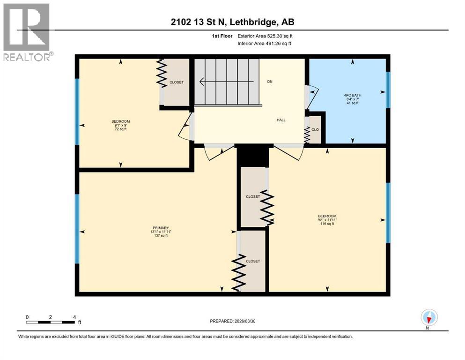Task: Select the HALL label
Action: click(281, 120)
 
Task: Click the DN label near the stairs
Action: click(270, 82)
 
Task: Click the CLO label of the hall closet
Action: click(315, 130)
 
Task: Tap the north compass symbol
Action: click(429, 317)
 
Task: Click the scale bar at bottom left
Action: click(51, 322)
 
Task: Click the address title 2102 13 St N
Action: click(232, 22)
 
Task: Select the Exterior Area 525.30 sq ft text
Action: click(265, 36)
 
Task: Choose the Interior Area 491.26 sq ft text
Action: click(265, 44)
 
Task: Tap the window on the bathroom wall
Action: click(388, 90)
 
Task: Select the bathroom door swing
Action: click(312, 94)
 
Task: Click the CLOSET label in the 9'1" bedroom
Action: click(177, 82)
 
